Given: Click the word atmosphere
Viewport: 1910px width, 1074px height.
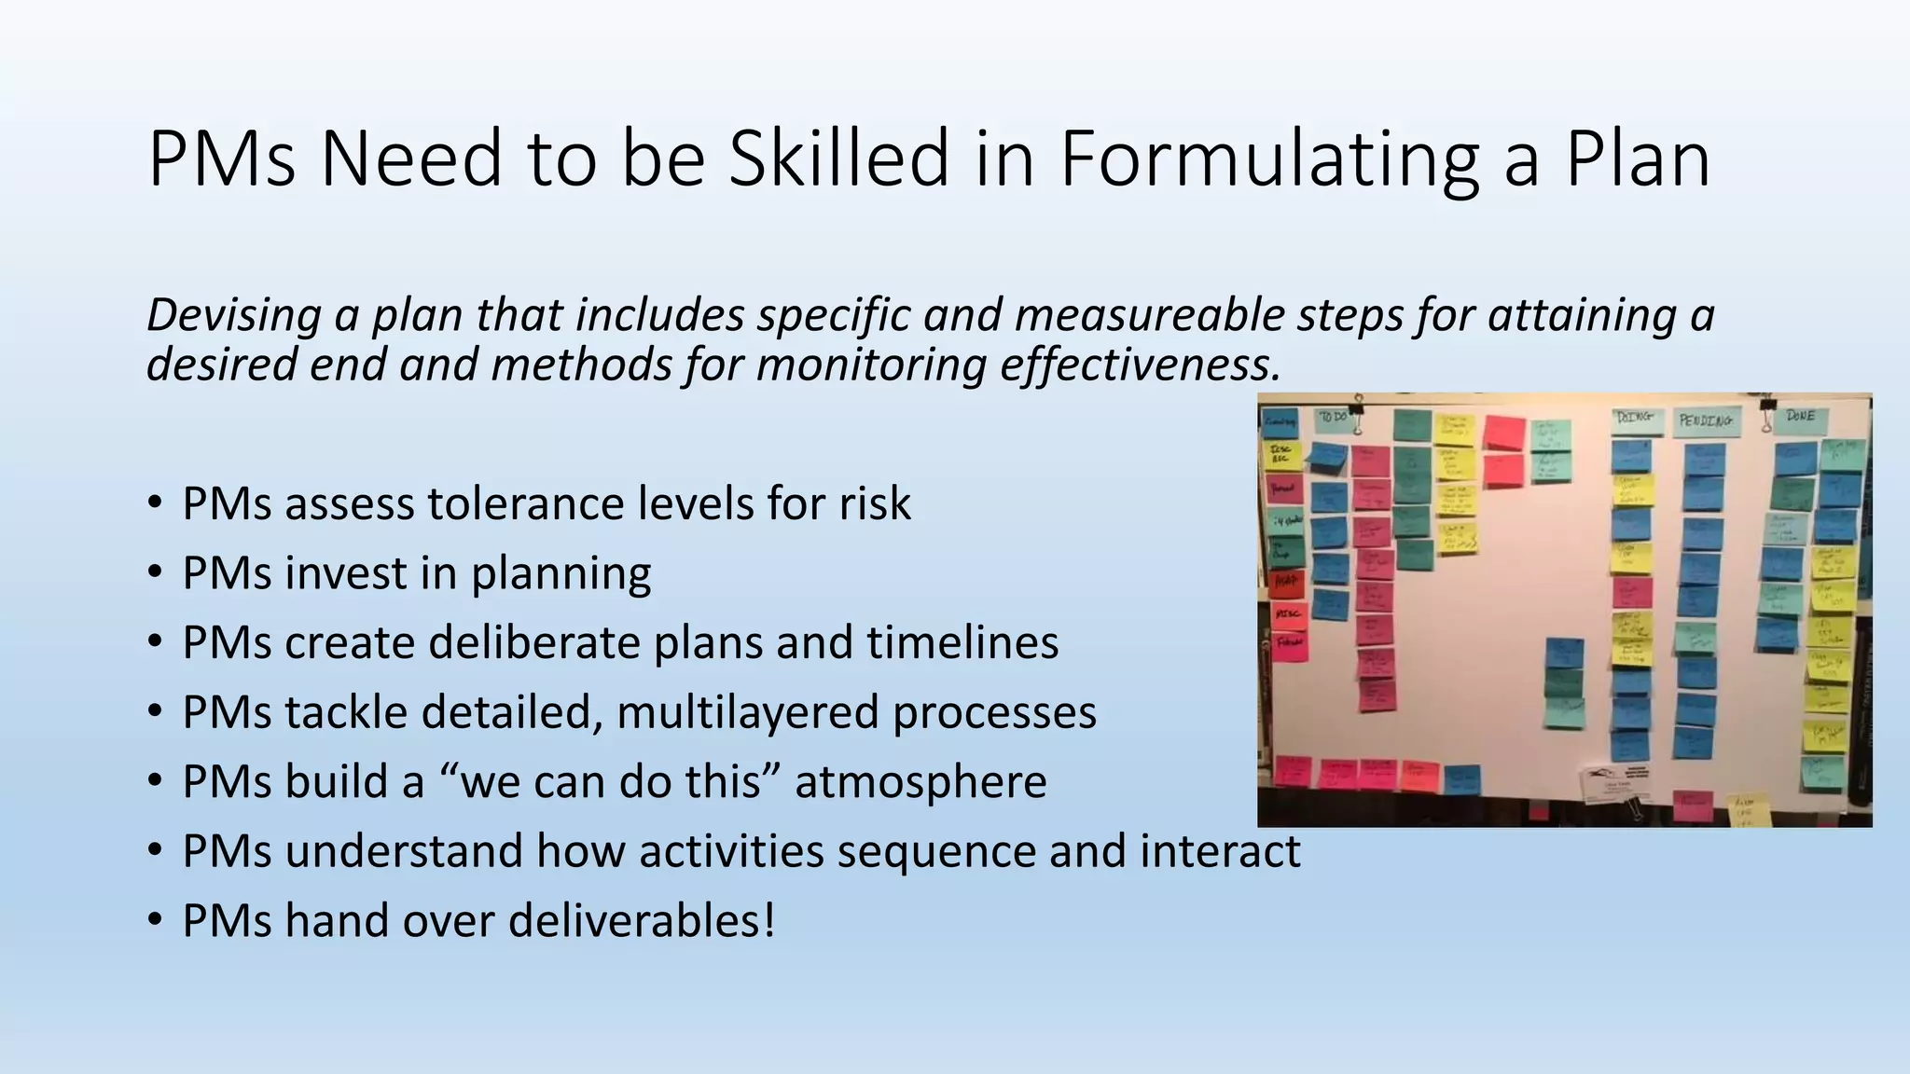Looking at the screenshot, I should click(920, 781).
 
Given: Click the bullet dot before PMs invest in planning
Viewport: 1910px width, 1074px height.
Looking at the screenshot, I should click(155, 572).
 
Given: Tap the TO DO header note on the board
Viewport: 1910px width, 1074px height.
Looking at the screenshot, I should click(1332, 418).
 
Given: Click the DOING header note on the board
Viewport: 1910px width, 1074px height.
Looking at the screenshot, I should click(1635, 418).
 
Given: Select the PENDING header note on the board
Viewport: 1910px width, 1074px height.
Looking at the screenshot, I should click(1706, 420).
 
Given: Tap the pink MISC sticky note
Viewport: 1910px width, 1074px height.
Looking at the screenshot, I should click(1289, 614).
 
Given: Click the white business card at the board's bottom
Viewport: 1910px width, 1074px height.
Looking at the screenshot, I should click(1613, 783).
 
